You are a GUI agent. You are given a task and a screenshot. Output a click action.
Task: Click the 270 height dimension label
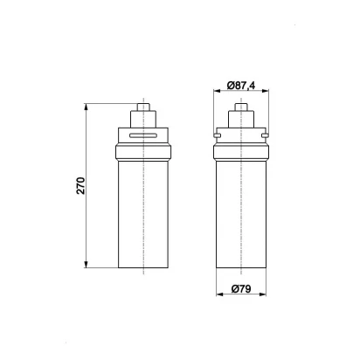pos(80,185)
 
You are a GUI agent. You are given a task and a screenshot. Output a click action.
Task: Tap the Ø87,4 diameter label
pos(241,86)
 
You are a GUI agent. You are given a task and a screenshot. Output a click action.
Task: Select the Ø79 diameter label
pos(241,289)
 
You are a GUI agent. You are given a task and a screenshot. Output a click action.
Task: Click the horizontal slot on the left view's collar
pos(143,135)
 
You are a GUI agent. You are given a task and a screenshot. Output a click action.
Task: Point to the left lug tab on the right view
pos(217,135)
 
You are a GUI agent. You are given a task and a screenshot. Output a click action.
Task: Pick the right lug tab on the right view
pos(265,135)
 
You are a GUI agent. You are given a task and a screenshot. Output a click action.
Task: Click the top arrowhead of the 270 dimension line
pos(86,107)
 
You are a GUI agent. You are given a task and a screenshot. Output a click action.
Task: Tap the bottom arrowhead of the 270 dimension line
pos(86,265)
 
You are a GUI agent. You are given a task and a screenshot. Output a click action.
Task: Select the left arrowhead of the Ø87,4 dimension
pos(217,91)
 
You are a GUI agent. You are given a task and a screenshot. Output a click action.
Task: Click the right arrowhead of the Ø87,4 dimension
pos(265,91)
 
